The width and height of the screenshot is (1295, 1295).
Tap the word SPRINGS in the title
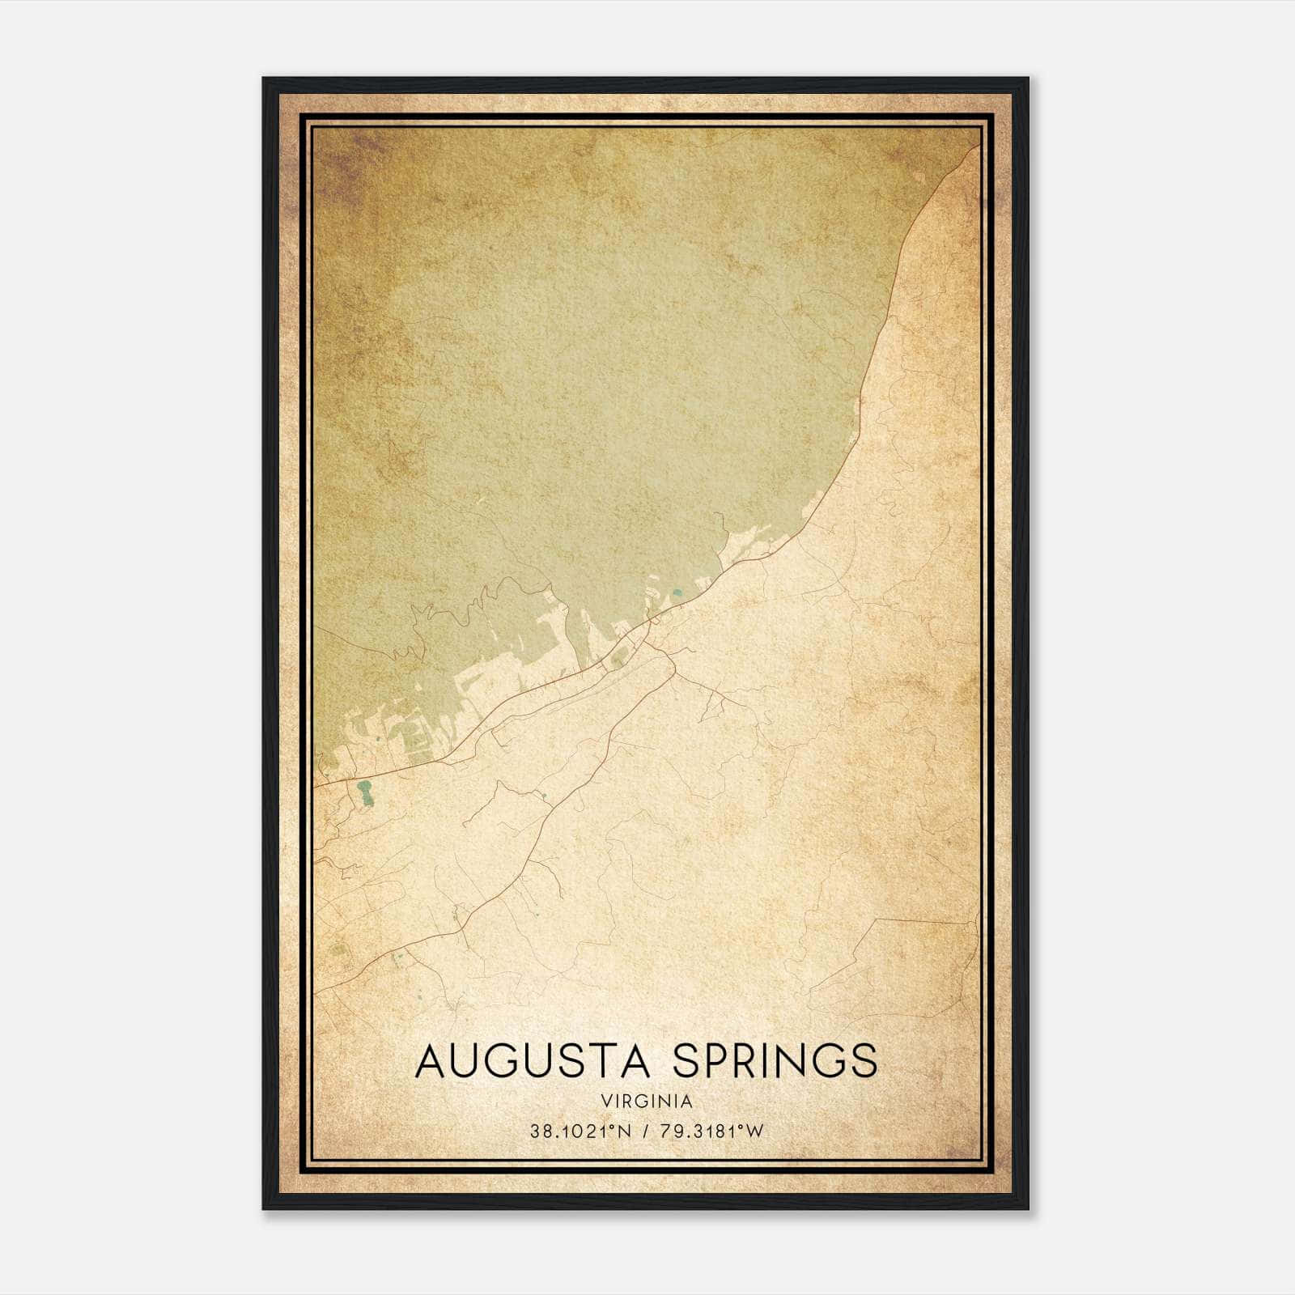coord(775,1061)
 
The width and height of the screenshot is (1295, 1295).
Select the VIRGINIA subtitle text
coord(647,1102)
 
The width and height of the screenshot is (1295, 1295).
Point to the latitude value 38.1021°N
coord(580,1132)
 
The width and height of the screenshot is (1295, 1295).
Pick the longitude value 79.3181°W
coord(711,1132)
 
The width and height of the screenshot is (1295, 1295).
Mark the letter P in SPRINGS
coord(710,1061)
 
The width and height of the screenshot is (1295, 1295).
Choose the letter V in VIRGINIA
coord(606,1102)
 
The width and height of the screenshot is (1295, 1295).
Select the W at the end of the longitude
coord(756,1132)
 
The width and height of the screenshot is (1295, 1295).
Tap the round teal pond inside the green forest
coord(677,597)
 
